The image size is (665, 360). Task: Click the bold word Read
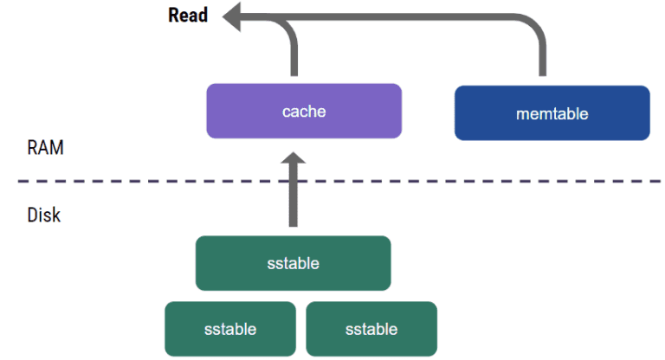(188, 16)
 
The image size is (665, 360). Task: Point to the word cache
(303, 111)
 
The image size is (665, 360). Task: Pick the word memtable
(552, 113)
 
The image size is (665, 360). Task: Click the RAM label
(45, 148)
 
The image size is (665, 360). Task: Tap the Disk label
(43, 214)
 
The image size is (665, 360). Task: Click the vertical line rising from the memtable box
(544, 56)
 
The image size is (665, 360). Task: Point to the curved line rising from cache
(291, 43)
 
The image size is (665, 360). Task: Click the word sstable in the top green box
(293, 263)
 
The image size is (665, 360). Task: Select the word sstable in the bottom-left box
(230, 329)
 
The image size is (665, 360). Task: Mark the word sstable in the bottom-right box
(371, 329)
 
